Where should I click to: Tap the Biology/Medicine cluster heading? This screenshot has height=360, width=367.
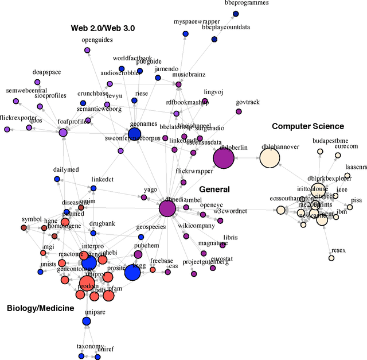tap(40, 308)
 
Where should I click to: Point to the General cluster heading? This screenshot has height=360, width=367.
tap(214, 189)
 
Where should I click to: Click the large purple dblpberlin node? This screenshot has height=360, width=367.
tap(224, 158)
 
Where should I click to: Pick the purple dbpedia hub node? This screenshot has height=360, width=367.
tap(167, 209)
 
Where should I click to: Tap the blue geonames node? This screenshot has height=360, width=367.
tap(134, 134)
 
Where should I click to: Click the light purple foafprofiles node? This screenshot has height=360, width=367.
tap(63, 133)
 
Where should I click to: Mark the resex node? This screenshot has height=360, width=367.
tap(331, 258)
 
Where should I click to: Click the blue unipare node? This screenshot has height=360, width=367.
tap(87, 321)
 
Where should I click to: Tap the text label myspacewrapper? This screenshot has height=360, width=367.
tap(193, 22)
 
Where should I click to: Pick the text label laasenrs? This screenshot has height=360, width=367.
tap(356, 167)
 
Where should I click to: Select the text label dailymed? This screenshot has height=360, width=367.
tap(65, 170)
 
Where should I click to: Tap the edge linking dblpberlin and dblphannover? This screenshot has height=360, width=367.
tap(247, 158)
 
